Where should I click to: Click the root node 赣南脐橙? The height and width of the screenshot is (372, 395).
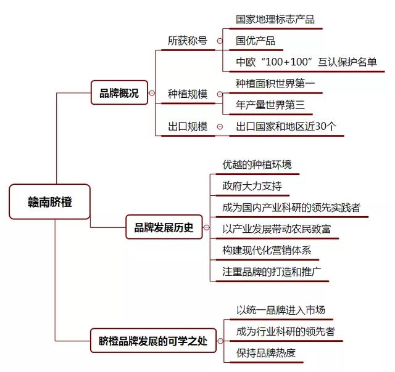click(x=49, y=201)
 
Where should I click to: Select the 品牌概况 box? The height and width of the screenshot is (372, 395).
click(x=119, y=92)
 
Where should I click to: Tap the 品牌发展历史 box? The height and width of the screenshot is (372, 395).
click(x=164, y=227)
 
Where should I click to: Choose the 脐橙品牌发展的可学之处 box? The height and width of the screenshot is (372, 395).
click(x=153, y=341)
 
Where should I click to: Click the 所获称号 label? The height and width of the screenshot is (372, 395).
click(x=188, y=41)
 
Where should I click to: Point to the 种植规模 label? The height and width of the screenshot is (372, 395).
click(x=188, y=94)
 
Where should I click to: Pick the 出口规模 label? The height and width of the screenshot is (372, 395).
click(x=188, y=126)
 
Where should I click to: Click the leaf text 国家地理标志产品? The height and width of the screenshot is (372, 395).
click(x=275, y=19)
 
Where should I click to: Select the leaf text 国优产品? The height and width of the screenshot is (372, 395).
click(x=256, y=41)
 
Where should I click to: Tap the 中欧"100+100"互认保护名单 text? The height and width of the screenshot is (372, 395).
click(x=306, y=62)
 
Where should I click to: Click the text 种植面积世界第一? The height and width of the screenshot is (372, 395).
click(x=275, y=83)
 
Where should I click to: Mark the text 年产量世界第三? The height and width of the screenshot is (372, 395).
click(x=270, y=105)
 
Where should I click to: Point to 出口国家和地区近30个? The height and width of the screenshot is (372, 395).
click(x=286, y=126)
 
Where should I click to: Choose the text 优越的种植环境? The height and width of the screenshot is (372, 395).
click(x=257, y=164)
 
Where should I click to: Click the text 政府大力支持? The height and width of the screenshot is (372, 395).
click(x=252, y=186)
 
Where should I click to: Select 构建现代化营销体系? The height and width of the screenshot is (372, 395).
click(x=267, y=250)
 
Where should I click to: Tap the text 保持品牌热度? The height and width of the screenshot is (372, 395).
click(x=266, y=353)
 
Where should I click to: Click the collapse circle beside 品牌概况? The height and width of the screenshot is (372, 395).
click(x=152, y=93)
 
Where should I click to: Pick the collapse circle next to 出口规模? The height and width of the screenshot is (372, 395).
click(x=220, y=126)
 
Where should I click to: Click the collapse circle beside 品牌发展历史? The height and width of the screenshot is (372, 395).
click(x=206, y=227)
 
